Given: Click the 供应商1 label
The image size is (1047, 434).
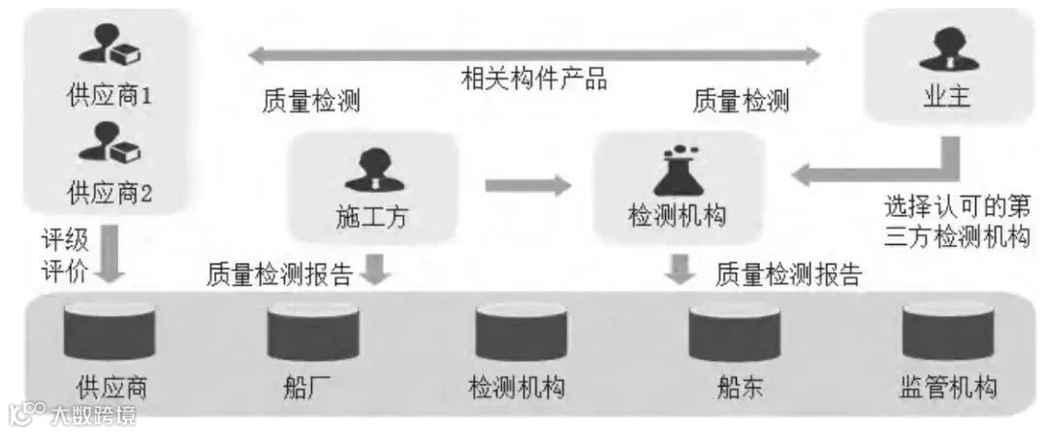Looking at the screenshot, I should click(110, 97).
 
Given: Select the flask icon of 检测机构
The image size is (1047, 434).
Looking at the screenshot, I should click(678, 170).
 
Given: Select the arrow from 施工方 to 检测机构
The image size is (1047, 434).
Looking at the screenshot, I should click(527, 184).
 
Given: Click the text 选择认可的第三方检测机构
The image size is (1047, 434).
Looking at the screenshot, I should click(955, 222).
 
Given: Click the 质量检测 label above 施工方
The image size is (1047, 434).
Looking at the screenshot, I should click(310, 102).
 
